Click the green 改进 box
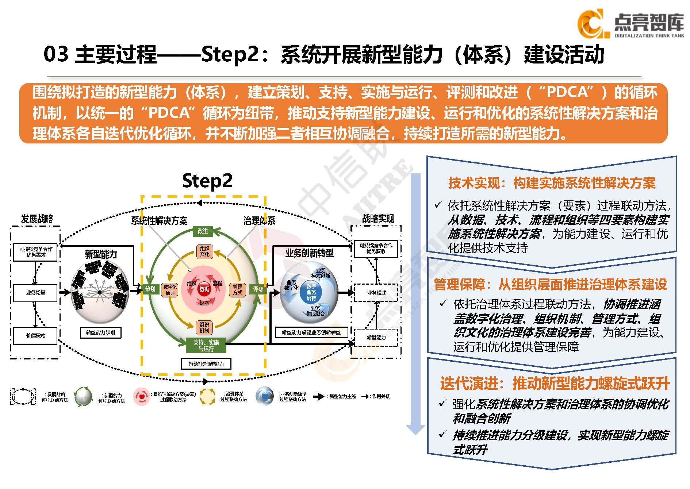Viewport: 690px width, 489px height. pos(203,231)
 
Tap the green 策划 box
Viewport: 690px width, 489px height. pos(150,289)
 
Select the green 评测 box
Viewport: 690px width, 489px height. pos(258,289)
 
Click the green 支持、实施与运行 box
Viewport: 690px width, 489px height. pos(206,346)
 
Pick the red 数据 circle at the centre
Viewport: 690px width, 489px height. pos(204,289)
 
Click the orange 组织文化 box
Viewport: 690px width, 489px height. pos(204,251)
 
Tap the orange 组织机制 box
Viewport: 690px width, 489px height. pos(204,327)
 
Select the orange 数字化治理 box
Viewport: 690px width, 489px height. pos(170,290)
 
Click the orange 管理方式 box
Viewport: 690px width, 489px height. pos(237,290)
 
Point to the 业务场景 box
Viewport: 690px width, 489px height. pos(35,293)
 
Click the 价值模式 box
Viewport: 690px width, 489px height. pos(35,336)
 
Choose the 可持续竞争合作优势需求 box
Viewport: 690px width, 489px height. pos(35,252)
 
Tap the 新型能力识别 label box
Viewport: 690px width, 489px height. pos(100,332)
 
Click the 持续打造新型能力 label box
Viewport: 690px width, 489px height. pos(206,364)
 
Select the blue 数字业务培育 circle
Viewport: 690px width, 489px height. pos(311,293)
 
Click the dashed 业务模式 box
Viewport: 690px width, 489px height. pos(376,293)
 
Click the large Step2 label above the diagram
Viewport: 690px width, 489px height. pos(207,181)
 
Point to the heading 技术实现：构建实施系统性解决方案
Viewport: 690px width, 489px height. pos(552,183)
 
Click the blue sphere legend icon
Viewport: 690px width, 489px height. pos(265,396)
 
